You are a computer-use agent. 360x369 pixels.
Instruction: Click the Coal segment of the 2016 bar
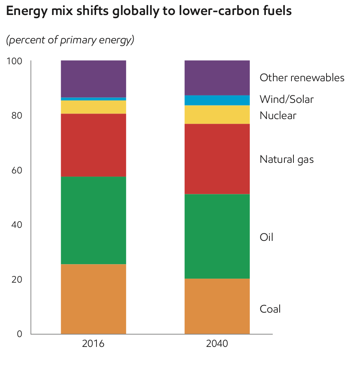tap(93, 299)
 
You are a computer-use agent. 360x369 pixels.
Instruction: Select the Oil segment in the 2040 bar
tap(217, 236)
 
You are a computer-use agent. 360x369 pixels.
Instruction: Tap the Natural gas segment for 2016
tap(93, 145)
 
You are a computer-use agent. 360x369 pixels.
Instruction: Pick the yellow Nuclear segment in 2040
tap(217, 114)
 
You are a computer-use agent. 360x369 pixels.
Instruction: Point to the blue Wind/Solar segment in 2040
tap(217, 100)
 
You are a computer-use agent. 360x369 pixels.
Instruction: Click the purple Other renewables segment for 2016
tap(93, 78)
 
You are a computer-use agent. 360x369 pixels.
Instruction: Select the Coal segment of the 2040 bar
tap(217, 306)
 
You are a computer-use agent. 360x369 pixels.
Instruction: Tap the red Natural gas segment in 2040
tap(217, 158)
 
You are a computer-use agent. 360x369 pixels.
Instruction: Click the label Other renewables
tap(302, 78)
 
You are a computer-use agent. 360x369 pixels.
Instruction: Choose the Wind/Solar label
tap(286, 99)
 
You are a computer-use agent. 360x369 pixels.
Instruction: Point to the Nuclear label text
tap(278, 116)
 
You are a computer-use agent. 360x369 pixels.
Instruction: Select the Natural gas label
tap(286, 159)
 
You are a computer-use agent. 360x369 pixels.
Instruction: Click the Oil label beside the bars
tap(266, 237)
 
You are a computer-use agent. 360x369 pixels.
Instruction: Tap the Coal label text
tap(270, 309)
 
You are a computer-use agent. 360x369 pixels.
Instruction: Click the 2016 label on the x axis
tap(93, 344)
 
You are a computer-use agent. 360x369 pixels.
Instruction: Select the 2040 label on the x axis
tap(217, 344)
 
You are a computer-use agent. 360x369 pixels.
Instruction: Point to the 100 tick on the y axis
tap(14, 61)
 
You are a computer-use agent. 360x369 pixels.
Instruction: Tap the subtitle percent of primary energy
tap(70, 40)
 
